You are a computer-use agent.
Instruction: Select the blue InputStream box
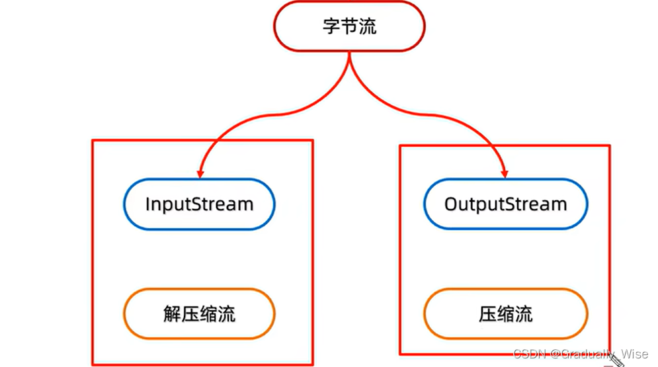tap(199, 204)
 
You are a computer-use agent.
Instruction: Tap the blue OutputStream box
tap(505, 204)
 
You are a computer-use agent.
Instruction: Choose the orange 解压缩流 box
tap(199, 313)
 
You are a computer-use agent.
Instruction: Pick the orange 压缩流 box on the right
tap(505, 313)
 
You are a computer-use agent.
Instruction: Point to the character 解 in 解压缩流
tap(172, 313)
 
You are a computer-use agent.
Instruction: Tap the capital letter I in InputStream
tap(148, 204)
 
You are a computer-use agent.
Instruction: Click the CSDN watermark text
tap(528, 354)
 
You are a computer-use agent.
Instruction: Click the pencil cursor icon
tap(616, 358)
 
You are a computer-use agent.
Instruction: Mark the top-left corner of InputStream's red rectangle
tap(92, 140)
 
